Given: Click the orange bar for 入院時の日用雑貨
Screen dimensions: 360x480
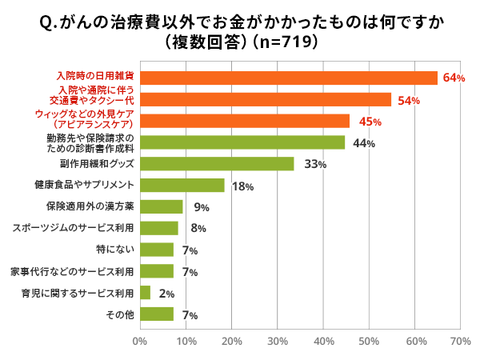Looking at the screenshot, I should pos(289,78).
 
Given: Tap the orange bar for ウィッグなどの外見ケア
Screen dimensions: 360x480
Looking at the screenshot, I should pos(245,121).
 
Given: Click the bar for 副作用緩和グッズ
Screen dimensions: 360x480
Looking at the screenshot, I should pos(217,164).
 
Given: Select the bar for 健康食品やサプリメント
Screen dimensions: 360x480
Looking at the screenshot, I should pos(182,186).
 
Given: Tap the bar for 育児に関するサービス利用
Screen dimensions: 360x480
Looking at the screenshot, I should pos(145,293).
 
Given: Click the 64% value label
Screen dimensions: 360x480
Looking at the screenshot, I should pos(454,78).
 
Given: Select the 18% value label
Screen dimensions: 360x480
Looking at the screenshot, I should pos(242,186).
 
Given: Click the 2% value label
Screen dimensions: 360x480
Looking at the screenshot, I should pos(166,294).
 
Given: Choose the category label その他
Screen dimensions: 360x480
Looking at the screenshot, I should pos(119,314).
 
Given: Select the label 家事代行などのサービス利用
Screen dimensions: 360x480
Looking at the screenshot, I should pos(71,271).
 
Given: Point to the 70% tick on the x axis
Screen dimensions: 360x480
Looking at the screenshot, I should pos(460,341).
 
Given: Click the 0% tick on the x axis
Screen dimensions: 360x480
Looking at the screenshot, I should pos(140,341).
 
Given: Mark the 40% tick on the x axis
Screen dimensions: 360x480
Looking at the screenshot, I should pos(323,341).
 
